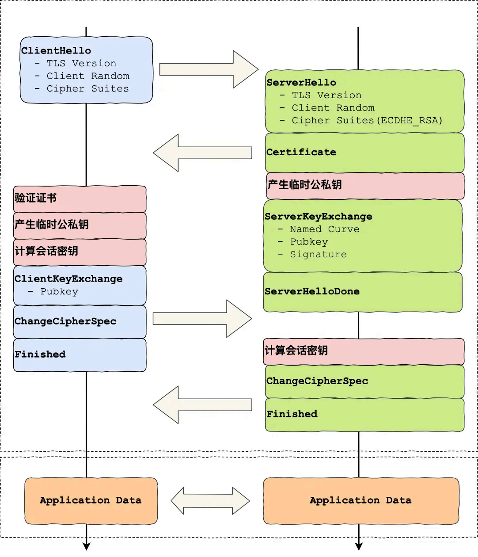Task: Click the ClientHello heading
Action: point(56,51)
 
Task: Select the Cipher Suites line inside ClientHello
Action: point(87,89)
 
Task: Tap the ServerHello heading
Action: point(301,83)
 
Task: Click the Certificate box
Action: point(364,153)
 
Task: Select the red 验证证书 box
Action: point(80,198)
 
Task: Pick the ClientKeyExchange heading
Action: point(68,279)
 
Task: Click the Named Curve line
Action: point(324,229)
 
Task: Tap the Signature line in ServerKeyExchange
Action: point(318,255)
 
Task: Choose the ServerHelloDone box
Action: point(362,292)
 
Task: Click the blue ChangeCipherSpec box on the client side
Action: point(80,321)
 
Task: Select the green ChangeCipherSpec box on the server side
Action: point(364,381)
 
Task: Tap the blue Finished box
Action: point(80,355)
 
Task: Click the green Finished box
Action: point(364,414)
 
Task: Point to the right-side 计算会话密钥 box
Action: point(364,351)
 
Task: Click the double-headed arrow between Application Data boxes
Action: point(210,501)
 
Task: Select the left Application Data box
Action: point(91,500)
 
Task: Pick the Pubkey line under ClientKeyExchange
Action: point(59,292)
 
